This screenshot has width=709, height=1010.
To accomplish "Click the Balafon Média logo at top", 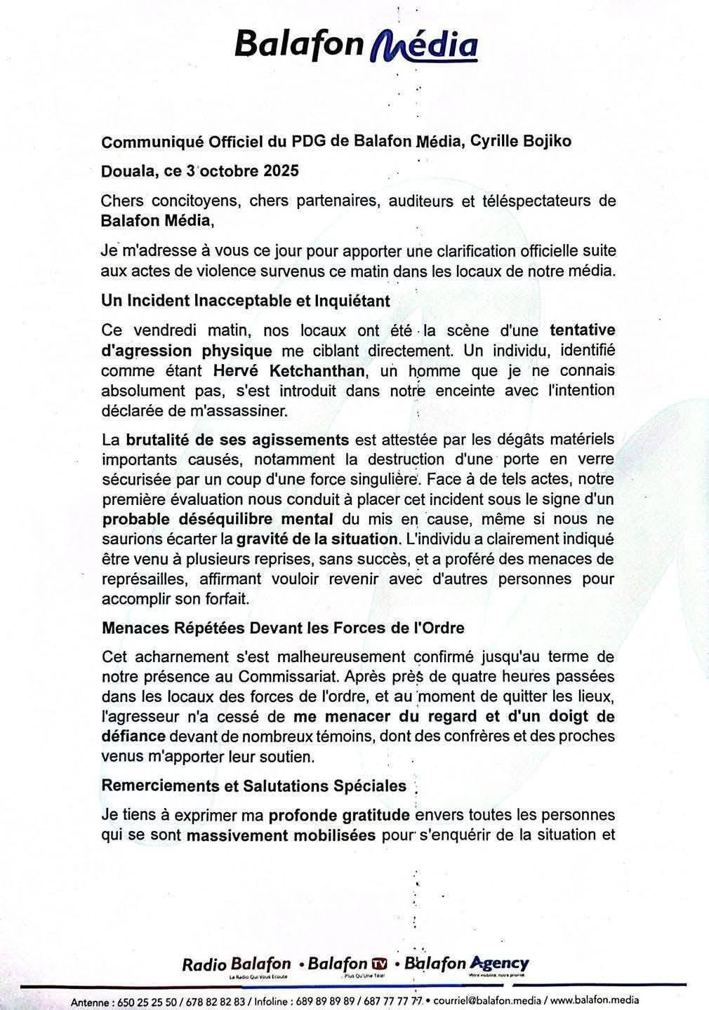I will point(356,46).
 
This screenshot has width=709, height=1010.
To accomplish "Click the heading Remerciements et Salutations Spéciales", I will point(254,786).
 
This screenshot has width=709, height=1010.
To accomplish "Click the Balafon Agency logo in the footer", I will point(467,965).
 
